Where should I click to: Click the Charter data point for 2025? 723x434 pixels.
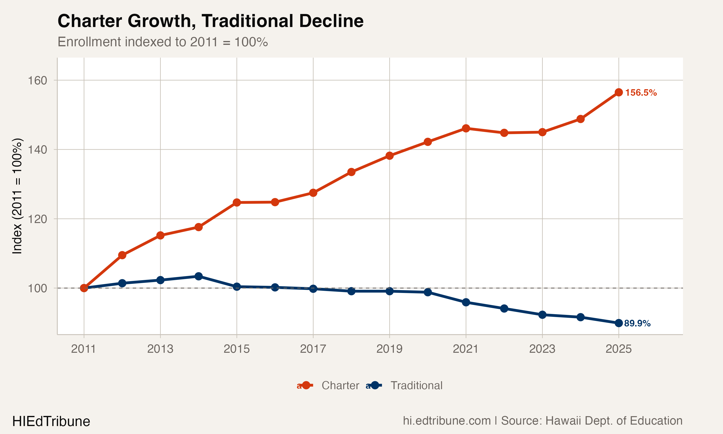click(x=619, y=92)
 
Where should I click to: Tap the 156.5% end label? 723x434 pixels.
click(x=641, y=93)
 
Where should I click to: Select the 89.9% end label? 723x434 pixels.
click(x=637, y=324)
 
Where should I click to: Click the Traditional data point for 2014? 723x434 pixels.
click(x=198, y=276)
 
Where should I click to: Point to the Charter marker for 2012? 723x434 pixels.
click(x=122, y=255)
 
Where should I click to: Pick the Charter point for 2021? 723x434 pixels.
click(x=466, y=128)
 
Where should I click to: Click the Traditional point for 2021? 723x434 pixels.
click(x=466, y=302)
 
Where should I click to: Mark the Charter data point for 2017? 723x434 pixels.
click(x=313, y=193)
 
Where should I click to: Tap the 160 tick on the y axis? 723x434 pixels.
click(x=37, y=81)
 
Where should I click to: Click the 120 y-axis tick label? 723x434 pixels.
click(x=37, y=219)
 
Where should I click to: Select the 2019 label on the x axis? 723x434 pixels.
click(x=389, y=349)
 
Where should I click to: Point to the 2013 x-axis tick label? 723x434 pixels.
click(x=160, y=349)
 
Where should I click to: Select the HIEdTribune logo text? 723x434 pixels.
click(x=51, y=421)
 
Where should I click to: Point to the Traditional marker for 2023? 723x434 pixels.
click(x=542, y=315)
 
